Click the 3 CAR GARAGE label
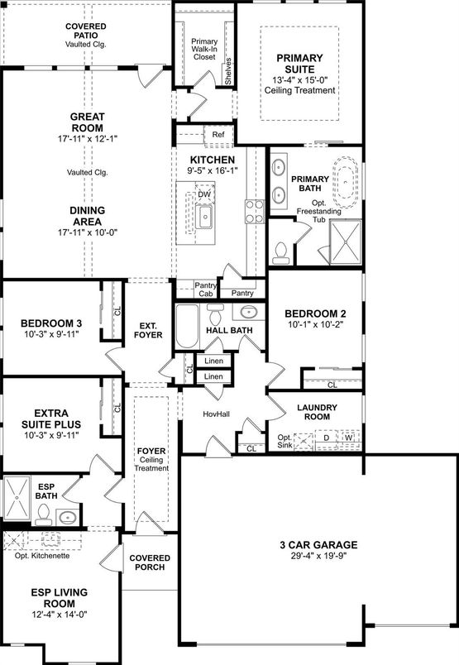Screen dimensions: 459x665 (318, 545)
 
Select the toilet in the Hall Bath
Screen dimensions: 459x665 (216, 313)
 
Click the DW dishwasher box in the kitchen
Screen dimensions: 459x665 (204, 194)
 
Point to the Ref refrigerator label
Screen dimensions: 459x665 (218, 135)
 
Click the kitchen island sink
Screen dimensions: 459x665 (205, 216)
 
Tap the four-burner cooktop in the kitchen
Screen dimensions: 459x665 (255, 211)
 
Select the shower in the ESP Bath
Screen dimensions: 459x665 (17, 498)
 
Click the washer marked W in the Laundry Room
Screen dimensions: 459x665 (349, 438)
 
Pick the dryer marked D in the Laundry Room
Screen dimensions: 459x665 (327, 438)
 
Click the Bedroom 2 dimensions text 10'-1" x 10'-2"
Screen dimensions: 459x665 (316, 325)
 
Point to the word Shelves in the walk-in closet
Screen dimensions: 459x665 (228, 71)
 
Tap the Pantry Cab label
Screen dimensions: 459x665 (206, 289)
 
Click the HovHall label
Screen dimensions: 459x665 (217, 414)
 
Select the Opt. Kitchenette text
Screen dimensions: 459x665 (42, 556)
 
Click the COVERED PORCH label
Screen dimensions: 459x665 (150, 562)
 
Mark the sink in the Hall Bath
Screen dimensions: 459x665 (248, 313)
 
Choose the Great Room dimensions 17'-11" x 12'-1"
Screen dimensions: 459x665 (88, 138)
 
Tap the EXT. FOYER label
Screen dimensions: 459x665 (148, 330)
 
